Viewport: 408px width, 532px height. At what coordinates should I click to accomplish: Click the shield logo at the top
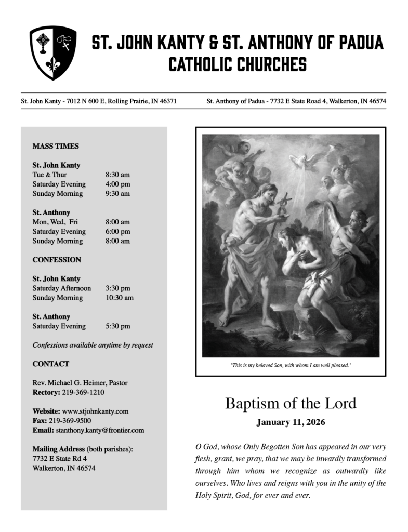click(52, 52)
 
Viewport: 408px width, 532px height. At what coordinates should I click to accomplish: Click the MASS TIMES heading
click(56, 146)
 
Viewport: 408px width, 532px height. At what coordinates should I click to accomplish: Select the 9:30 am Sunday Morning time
click(117, 194)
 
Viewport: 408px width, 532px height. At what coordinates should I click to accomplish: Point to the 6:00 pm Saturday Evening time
click(117, 231)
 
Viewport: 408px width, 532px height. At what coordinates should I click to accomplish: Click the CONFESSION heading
click(57, 260)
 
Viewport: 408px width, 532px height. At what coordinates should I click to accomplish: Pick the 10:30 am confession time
click(119, 298)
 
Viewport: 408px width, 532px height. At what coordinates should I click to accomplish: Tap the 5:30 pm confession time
click(117, 326)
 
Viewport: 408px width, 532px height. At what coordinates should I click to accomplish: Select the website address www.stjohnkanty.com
click(95, 411)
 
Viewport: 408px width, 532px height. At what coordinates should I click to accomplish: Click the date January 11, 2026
click(291, 422)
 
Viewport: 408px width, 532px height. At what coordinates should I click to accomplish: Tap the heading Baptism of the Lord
click(291, 404)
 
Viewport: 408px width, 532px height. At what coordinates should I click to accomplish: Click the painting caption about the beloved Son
click(291, 366)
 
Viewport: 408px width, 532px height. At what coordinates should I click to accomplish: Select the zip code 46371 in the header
click(166, 101)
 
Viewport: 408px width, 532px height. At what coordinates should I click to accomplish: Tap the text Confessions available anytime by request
click(93, 345)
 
